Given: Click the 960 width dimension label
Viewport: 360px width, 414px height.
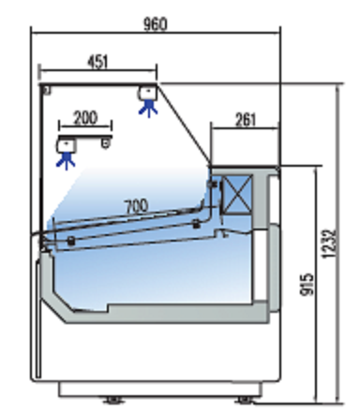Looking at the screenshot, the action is click(x=156, y=24).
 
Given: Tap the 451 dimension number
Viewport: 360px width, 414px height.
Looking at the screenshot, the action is click(x=97, y=62).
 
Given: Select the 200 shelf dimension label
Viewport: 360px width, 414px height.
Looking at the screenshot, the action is click(x=85, y=118).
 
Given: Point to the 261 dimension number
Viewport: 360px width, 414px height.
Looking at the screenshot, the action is click(x=245, y=120).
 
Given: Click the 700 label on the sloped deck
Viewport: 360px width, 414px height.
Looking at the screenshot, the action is click(x=136, y=206).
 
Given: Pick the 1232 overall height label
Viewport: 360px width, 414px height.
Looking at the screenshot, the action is click(x=329, y=244).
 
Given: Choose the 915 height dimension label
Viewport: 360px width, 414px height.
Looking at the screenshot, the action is click(x=307, y=284).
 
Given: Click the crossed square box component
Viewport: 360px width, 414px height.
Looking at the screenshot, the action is click(x=237, y=195).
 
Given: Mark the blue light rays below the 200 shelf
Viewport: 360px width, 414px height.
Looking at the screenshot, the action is click(x=66, y=162).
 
